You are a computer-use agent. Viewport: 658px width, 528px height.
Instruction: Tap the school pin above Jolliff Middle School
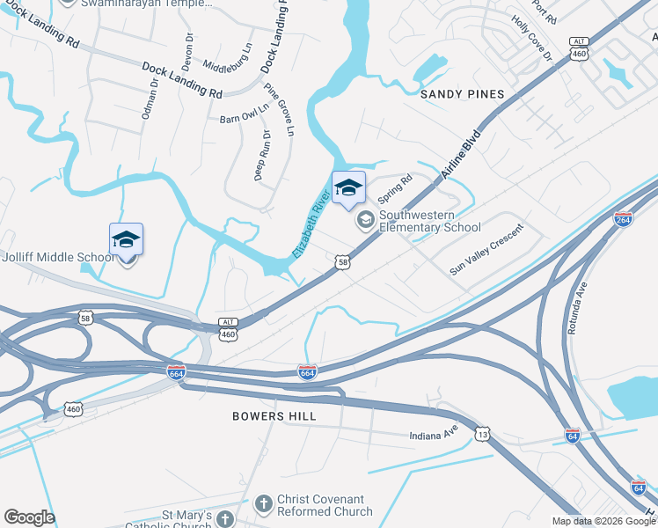tap(126, 240)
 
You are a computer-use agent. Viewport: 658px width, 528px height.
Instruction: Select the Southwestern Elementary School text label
tap(429, 221)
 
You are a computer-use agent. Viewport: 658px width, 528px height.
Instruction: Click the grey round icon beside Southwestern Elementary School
tap(365, 220)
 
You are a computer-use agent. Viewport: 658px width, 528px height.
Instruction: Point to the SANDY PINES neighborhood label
tap(462, 94)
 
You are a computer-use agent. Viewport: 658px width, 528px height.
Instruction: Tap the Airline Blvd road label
tap(462, 156)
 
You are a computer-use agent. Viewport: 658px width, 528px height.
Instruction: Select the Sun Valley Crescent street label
tap(486, 250)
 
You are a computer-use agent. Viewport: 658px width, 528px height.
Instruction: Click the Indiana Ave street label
tap(434, 436)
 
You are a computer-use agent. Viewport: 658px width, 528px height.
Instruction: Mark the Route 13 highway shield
tap(480, 434)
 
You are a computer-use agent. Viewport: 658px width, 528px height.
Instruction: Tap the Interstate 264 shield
tap(623, 219)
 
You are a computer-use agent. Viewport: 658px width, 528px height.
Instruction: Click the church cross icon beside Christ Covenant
tap(262, 504)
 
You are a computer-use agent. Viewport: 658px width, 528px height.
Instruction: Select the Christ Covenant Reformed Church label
tap(324, 504)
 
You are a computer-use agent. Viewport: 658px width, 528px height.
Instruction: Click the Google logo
tap(29, 517)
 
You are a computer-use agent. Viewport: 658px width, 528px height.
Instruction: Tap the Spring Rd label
tap(394, 188)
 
